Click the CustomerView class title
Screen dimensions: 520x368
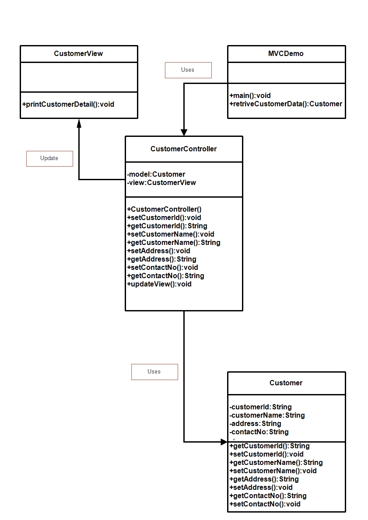[x=79, y=54]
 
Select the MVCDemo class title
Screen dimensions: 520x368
[x=286, y=54]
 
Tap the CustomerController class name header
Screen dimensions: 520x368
[x=183, y=149]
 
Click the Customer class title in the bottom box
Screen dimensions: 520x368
[x=286, y=383]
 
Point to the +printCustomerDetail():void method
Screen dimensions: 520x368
[x=68, y=104]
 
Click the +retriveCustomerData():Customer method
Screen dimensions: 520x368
[x=286, y=104]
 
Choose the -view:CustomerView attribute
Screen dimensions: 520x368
[x=161, y=182]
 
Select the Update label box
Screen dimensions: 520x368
[x=49, y=158]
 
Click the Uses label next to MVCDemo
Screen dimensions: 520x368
[x=188, y=70]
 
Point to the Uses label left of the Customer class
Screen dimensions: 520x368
[x=154, y=372]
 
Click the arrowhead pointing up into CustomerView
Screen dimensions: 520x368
[x=79, y=123]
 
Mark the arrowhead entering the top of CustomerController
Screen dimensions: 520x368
[x=184, y=132]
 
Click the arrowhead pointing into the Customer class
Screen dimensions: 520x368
[x=224, y=442]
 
